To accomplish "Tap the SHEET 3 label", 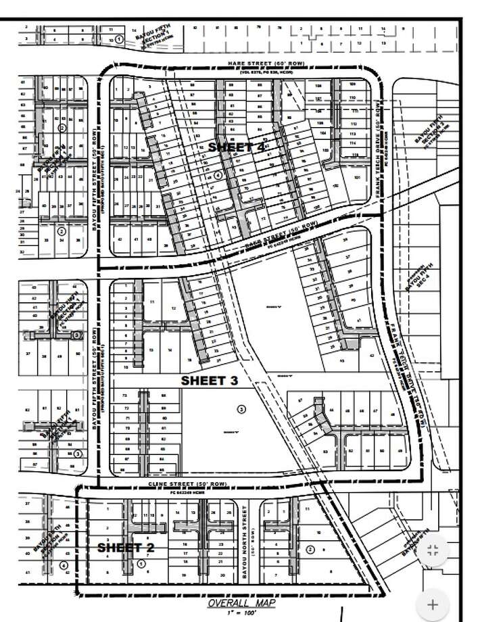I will coord(209,381).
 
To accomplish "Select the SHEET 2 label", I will coord(125,547).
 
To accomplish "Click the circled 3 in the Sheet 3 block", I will coord(242,409).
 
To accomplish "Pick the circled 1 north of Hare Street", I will coord(119,40).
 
